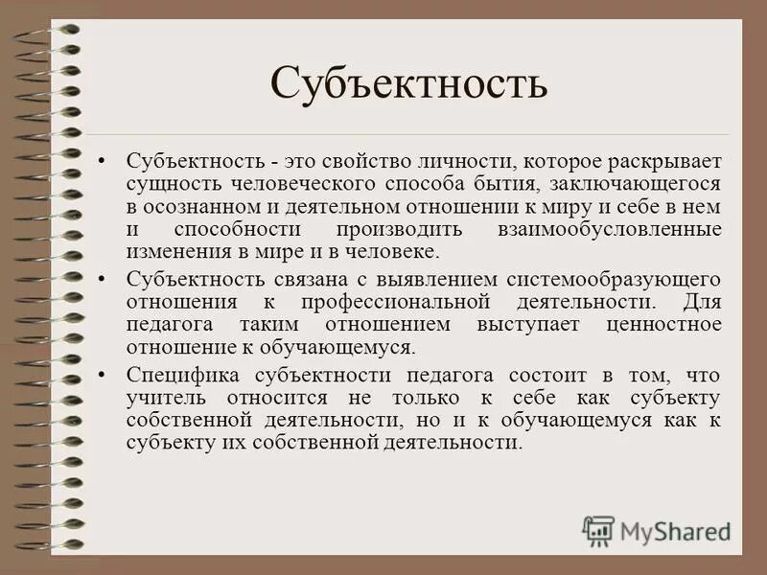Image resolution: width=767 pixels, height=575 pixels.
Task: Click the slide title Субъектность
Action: click(408, 83)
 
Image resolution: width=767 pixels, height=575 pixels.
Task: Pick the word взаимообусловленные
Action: click(609, 229)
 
